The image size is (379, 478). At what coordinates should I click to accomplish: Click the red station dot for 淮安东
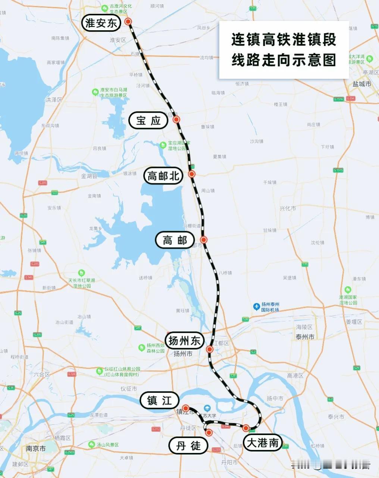click(128, 22)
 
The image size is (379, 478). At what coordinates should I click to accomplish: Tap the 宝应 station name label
click(148, 120)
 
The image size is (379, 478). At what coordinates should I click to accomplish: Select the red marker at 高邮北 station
click(192, 174)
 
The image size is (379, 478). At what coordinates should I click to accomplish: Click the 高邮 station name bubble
click(175, 240)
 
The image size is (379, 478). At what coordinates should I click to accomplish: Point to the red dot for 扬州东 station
click(210, 350)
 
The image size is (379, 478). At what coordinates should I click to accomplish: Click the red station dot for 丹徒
click(209, 433)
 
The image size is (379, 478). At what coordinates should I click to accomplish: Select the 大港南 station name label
click(263, 443)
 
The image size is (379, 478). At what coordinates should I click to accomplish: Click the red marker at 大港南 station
click(246, 428)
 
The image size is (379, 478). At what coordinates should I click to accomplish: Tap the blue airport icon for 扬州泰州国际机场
click(256, 307)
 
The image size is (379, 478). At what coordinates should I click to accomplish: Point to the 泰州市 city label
click(305, 337)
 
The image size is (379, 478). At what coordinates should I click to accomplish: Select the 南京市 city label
click(36, 448)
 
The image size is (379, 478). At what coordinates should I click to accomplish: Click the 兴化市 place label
click(288, 208)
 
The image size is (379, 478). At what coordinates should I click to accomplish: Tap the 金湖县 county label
click(89, 176)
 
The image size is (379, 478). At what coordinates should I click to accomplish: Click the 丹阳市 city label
click(229, 462)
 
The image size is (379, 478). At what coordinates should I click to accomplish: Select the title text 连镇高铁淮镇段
click(284, 40)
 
